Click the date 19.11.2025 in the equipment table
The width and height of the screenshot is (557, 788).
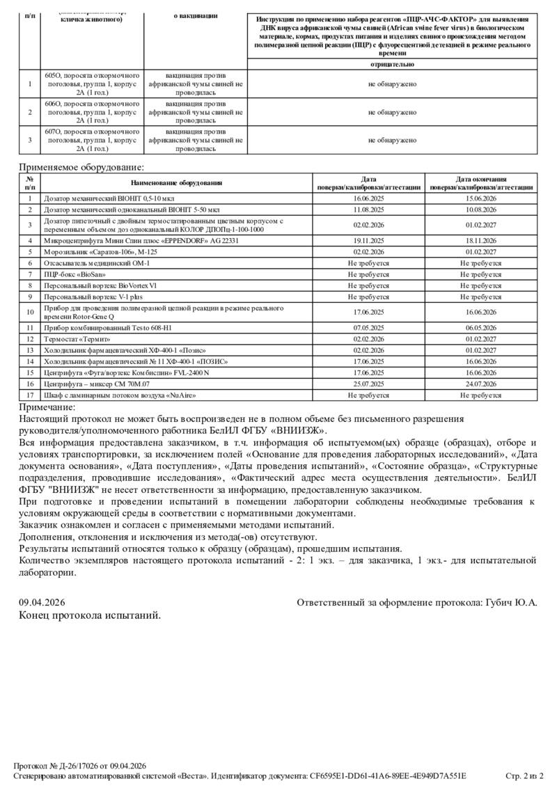click(x=369, y=240)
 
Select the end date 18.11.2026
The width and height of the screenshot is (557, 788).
click(x=481, y=240)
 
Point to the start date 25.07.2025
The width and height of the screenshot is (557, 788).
click(x=369, y=384)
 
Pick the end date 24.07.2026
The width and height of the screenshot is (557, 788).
click(x=481, y=384)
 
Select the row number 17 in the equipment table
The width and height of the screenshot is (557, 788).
click(x=30, y=395)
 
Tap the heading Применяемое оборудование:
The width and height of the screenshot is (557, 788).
click(x=82, y=167)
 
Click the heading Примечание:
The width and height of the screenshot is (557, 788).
click(x=47, y=407)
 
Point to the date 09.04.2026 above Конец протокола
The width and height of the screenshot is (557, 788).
click(x=42, y=601)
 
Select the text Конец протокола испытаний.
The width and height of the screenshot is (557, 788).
click(x=90, y=615)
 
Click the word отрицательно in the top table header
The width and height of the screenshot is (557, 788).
click(x=392, y=64)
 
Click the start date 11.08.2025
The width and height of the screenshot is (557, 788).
click(x=369, y=209)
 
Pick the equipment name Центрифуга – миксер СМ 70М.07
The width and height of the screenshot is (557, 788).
click(x=97, y=384)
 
